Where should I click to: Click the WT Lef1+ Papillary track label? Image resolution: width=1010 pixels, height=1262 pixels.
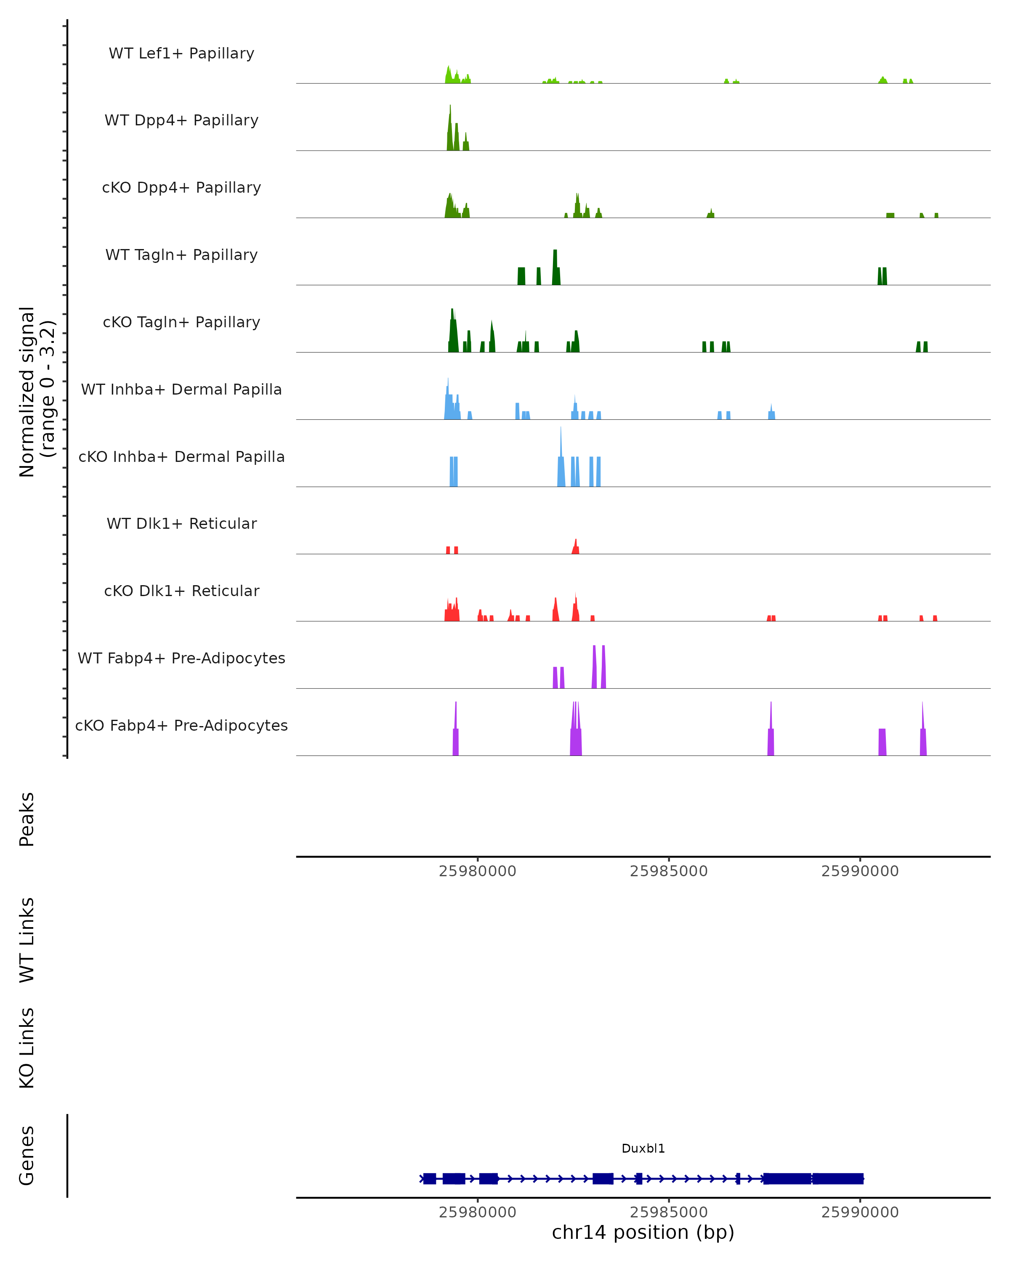[181, 53]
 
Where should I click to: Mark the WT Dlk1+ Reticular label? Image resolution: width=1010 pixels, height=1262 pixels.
[181, 523]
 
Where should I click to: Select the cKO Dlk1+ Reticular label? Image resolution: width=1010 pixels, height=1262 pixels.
[181, 591]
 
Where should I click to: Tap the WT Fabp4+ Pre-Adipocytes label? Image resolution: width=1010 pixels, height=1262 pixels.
[181, 658]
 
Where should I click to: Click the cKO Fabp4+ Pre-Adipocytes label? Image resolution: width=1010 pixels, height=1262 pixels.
[181, 725]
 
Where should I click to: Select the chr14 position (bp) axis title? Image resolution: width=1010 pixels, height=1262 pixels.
[643, 1232]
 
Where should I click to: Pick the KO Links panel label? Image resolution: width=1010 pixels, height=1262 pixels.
[27, 1048]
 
